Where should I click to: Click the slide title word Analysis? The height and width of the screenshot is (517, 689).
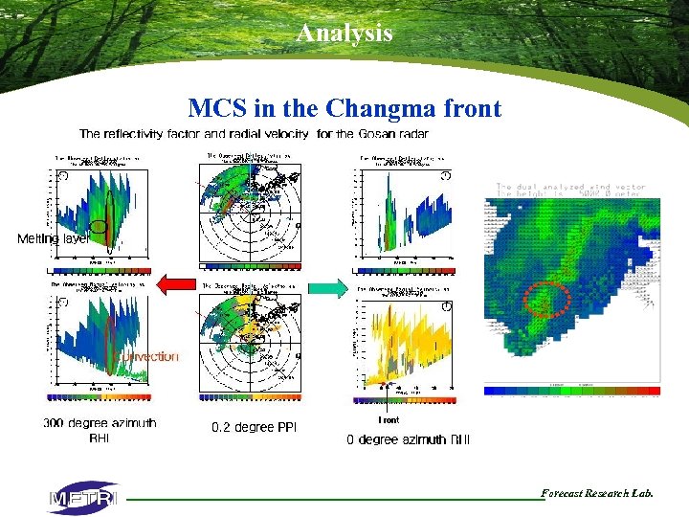coord(344,33)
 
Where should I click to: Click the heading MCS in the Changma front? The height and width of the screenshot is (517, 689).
coord(344,107)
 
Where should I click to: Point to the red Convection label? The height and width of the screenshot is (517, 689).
coord(147,356)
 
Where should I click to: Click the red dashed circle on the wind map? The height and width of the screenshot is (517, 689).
coord(547,301)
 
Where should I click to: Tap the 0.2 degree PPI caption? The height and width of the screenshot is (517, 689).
coord(255,427)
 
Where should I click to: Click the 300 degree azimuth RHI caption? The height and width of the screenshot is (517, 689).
coord(100,430)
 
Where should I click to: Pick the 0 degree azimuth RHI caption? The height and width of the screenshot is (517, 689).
coord(409,439)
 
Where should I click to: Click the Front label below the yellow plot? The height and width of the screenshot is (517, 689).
coord(389,419)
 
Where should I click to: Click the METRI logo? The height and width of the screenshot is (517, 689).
coord(83,498)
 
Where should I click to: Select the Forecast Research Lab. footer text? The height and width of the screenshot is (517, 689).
coord(597,493)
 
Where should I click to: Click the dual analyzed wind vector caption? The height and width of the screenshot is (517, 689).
coord(570,187)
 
